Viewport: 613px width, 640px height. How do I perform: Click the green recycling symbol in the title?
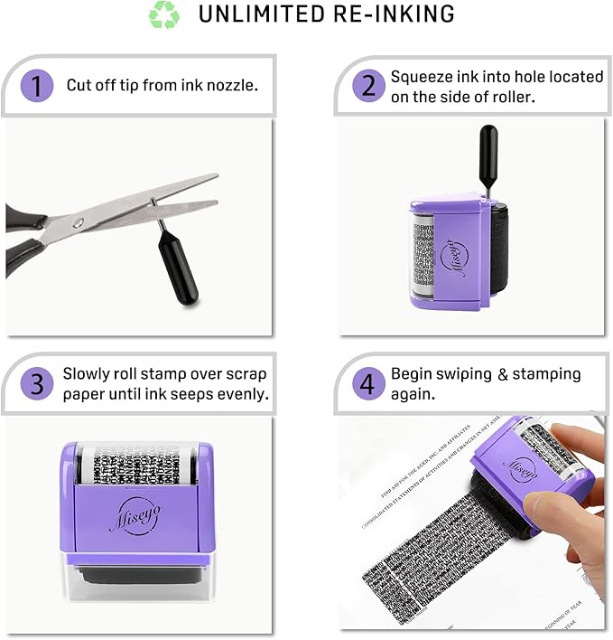point(164,15)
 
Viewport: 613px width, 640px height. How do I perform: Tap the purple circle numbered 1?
point(36,86)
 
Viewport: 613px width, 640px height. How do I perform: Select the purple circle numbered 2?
point(368,86)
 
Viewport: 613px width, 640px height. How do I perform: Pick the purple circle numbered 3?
point(36,383)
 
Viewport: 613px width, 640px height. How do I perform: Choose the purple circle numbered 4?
point(367,383)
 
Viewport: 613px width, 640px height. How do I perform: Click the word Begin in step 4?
point(413,373)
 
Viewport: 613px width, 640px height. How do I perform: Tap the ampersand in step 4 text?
point(503,373)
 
